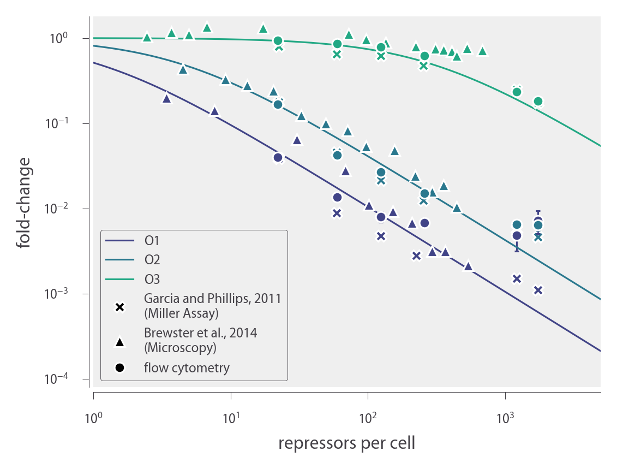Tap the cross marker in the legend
coord(120,307)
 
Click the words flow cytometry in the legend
coord(187,368)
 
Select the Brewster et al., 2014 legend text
coord(200,333)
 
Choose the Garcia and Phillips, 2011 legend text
coord(212,299)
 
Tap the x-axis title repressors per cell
coord(346,443)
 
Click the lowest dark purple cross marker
coord(538,290)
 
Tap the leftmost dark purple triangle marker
coord(166,98)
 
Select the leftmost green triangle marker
coord(147,37)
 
